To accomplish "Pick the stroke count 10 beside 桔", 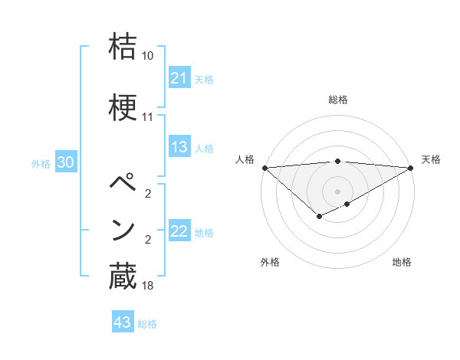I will (x=148, y=56).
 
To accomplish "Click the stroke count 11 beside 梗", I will (x=148, y=117).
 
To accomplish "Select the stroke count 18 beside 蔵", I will (x=148, y=286).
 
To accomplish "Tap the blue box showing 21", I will (x=179, y=77).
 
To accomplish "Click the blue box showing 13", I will (x=179, y=147).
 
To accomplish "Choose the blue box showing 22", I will (x=179, y=231).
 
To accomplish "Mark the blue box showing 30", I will (x=65, y=162).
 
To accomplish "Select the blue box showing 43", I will (x=122, y=322).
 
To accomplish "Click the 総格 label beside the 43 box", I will (x=147, y=324).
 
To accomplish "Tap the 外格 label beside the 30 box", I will (x=41, y=163).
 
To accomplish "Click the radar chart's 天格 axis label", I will (x=431, y=159).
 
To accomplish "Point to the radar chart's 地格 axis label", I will (x=402, y=262).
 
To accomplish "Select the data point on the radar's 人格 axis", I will (x=264, y=167).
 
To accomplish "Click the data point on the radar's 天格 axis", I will (x=410, y=167).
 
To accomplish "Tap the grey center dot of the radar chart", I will (x=337, y=191).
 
